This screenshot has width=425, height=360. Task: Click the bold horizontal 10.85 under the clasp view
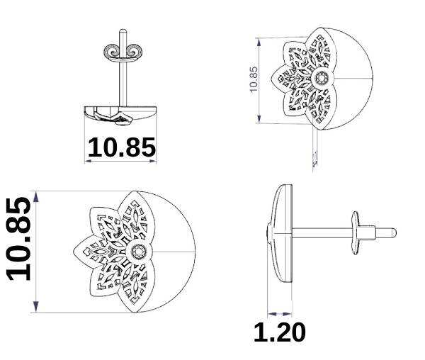point(122,147)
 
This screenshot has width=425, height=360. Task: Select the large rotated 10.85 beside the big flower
point(18,239)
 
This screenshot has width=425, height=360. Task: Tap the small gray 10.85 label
point(254,79)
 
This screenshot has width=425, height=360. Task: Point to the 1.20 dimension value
point(280,332)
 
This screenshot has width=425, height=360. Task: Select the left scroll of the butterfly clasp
point(112,51)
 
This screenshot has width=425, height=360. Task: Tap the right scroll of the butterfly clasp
point(134,51)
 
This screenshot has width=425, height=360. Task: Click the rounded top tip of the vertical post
point(123,30)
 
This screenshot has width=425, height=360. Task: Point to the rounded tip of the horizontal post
point(395,232)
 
